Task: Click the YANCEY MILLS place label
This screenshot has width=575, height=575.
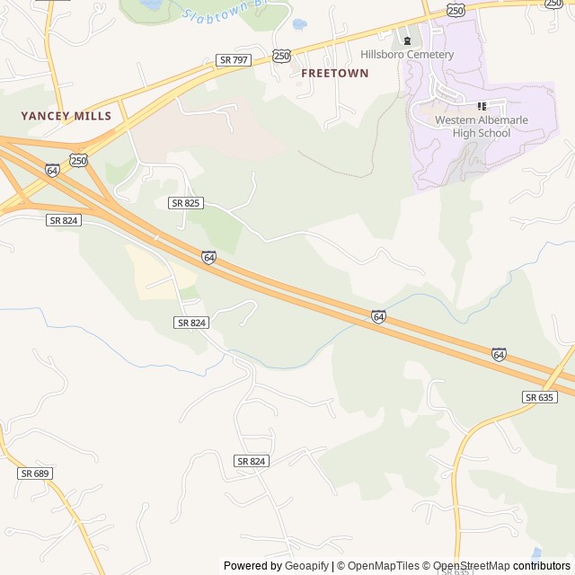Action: pyautogui.click(x=66, y=116)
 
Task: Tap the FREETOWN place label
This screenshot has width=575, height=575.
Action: pyautogui.click(x=334, y=73)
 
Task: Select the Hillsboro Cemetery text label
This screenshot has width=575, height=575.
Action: pyautogui.click(x=407, y=55)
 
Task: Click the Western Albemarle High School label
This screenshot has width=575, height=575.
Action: pyautogui.click(x=482, y=127)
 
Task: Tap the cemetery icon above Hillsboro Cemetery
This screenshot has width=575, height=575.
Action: pyautogui.click(x=407, y=40)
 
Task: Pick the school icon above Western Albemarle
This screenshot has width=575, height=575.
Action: pyautogui.click(x=482, y=106)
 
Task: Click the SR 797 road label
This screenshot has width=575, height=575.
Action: pyautogui.click(x=234, y=60)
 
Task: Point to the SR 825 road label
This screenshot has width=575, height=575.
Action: pyautogui.click(x=185, y=203)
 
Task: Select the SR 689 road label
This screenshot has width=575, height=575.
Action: pyautogui.click(x=33, y=473)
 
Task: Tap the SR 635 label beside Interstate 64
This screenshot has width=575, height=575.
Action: pyautogui.click(x=540, y=397)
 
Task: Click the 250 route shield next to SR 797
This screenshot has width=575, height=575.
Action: pyautogui.click(x=282, y=56)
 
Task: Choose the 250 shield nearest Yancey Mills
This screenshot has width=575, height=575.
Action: pyautogui.click(x=79, y=161)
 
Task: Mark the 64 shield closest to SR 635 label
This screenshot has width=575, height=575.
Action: pyautogui.click(x=499, y=354)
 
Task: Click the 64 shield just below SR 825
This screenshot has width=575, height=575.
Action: pyautogui.click(x=208, y=258)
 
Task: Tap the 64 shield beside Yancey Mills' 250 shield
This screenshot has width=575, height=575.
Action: pyautogui.click(x=52, y=170)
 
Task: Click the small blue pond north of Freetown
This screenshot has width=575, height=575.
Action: pyautogui.click(x=299, y=24)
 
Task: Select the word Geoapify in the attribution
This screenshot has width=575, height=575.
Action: pyautogui.click(x=306, y=566)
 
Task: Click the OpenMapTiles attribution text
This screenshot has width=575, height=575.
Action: pyautogui.click(x=384, y=566)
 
